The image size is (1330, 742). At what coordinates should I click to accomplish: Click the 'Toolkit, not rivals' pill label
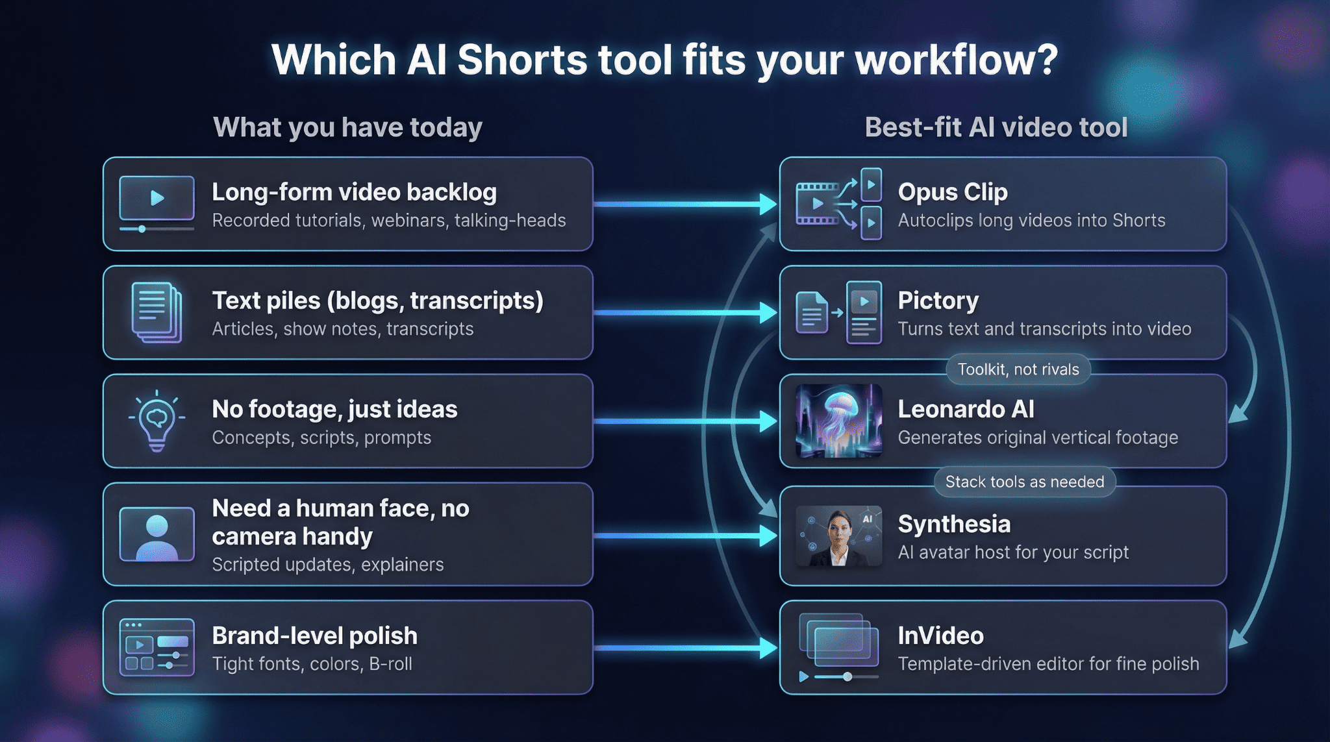click(1018, 369)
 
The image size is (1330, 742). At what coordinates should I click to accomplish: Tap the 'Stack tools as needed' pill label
click(1025, 482)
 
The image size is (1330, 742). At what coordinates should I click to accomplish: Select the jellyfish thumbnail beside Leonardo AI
click(838, 421)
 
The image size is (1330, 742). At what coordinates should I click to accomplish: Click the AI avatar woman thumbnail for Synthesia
click(838, 536)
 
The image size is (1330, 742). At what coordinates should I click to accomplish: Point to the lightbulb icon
click(157, 421)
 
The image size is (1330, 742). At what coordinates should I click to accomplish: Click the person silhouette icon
click(157, 534)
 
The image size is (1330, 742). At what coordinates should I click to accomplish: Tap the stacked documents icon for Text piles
click(157, 312)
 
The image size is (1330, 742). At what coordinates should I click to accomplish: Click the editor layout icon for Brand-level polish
click(157, 647)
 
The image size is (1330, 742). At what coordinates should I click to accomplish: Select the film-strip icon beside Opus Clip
click(838, 204)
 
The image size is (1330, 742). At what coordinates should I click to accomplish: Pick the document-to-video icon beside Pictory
click(838, 312)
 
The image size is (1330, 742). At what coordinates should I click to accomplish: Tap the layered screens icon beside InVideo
click(838, 647)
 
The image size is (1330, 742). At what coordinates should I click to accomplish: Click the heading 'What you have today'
click(348, 127)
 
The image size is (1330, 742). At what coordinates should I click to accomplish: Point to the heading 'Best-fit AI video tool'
click(996, 127)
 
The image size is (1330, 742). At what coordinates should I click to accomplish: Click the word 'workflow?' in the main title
click(957, 60)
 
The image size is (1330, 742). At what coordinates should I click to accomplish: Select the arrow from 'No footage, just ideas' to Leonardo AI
click(686, 421)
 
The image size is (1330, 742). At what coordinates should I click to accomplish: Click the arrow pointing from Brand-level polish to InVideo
click(686, 648)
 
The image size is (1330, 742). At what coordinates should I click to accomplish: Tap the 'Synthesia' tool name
click(954, 524)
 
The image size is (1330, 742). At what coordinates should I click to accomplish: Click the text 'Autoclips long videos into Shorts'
click(1031, 221)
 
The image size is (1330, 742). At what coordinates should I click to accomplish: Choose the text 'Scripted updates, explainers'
click(328, 565)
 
